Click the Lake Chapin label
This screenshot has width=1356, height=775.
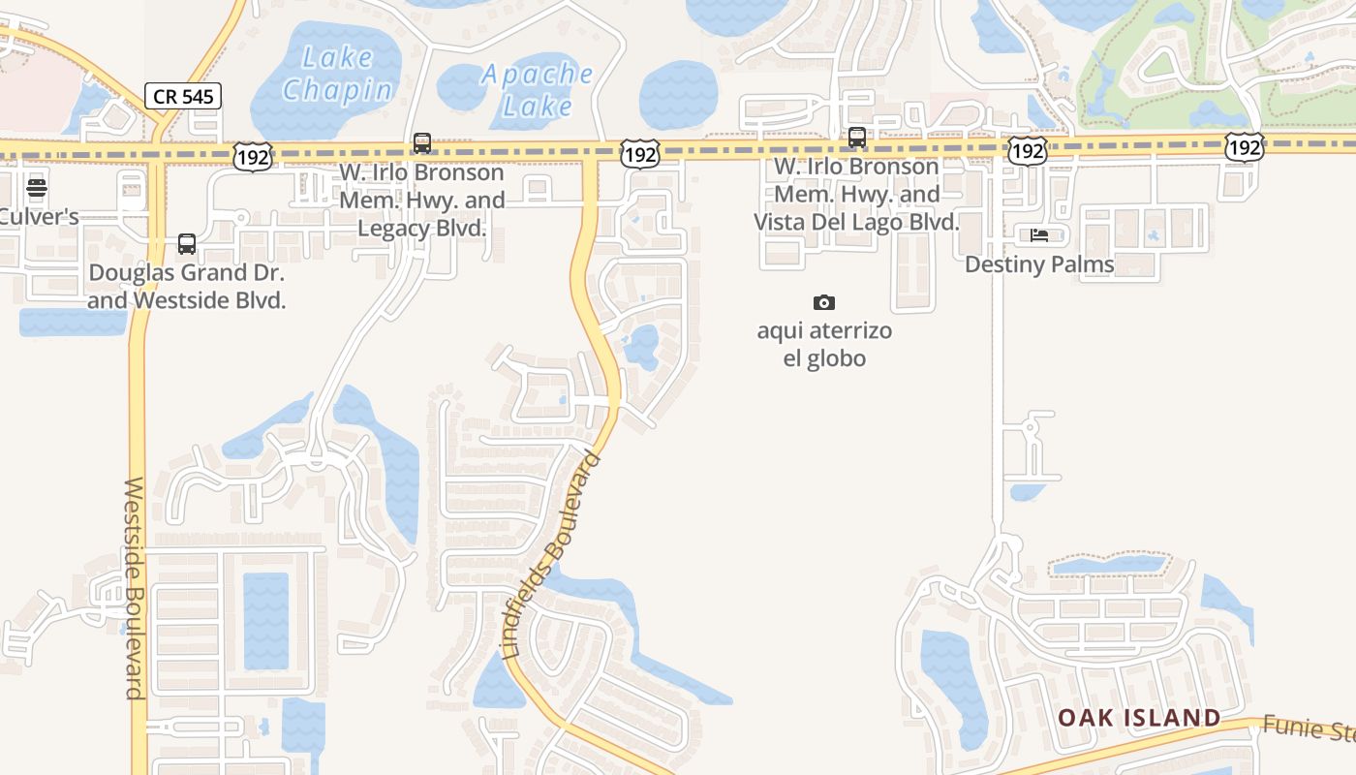tap(337, 74)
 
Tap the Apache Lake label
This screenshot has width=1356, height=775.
tap(537, 89)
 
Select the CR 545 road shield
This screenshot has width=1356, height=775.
tap(184, 96)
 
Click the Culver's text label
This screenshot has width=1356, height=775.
tap(39, 216)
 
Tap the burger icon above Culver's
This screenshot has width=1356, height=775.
tap(37, 188)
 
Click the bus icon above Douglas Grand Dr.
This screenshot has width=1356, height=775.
tap(187, 244)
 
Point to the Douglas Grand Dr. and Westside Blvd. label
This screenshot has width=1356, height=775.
tap(187, 286)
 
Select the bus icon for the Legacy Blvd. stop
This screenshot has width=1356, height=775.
tap(422, 143)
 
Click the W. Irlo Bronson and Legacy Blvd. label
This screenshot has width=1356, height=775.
tap(421, 201)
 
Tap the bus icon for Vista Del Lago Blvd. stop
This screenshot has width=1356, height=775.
tap(857, 138)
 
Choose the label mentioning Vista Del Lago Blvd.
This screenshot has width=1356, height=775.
tap(857, 195)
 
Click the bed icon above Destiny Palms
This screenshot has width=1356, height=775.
tap(1039, 234)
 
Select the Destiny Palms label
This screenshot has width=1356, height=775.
tap(1039, 264)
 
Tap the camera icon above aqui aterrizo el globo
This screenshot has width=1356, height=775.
tap(824, 303)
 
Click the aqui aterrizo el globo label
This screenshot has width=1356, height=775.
tap(824, 345)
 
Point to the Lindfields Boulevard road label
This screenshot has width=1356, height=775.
tap(554, 556)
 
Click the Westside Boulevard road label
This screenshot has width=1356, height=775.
tap(135, 587)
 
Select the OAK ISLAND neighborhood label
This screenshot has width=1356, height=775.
tap(1138, 718)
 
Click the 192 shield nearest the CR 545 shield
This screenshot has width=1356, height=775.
tap(253, 156)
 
